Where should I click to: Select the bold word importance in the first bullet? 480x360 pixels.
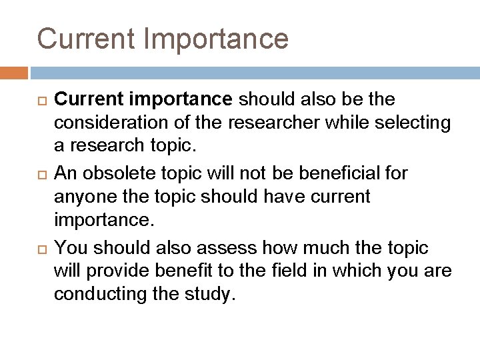(x=182, y=100)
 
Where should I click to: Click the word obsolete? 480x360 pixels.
(x=119, y=173)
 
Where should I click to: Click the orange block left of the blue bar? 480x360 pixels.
(x=14, y=73)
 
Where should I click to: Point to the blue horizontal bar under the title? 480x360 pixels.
(x=253, y=73)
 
